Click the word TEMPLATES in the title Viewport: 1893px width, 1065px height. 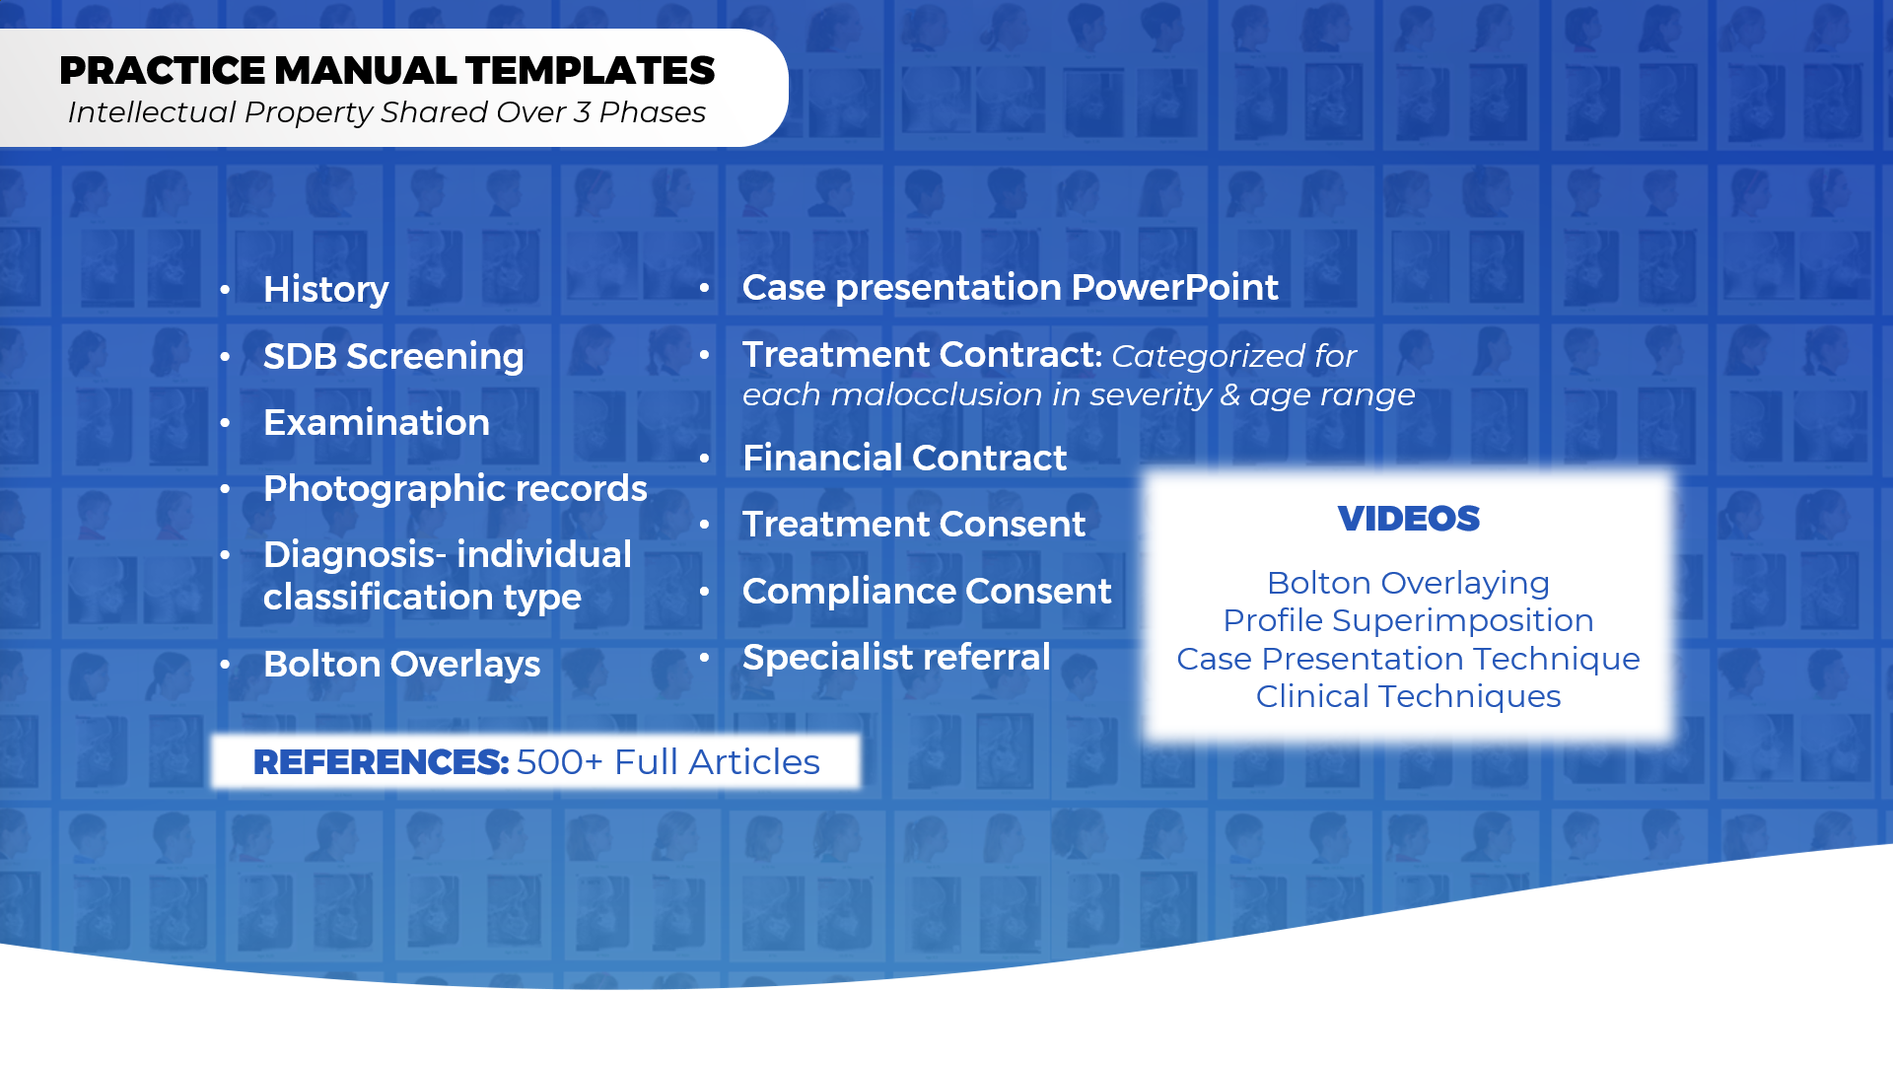point(590,71)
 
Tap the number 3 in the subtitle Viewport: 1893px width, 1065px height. point(582,112)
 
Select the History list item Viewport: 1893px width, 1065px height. point(326,290)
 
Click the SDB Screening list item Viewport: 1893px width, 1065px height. point(393,357)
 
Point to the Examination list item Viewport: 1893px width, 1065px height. point(377,422)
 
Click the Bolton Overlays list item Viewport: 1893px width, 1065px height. point(401,665)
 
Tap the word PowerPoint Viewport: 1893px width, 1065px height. point(1174,287)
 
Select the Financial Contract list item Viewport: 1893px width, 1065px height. point(904,458)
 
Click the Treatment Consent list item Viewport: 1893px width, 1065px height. point(914,524)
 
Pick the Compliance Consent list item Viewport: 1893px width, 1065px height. point(927,591)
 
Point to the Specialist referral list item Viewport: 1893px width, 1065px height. point(896,657)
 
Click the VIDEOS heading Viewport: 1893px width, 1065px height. point(1408,519)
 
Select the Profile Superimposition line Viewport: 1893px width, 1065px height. point(1408,621)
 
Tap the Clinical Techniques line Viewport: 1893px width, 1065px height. point(1408,697)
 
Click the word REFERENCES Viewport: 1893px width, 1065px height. point(381,762)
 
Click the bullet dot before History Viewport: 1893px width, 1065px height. point(226,290)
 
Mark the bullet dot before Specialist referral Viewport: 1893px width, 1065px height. point(705,657)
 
